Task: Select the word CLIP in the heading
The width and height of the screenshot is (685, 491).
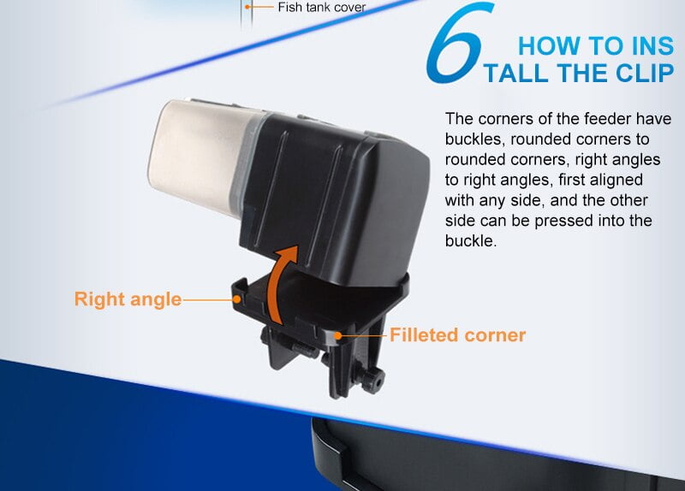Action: (x=645, y=73)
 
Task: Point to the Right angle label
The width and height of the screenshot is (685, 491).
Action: (x=128, y=299)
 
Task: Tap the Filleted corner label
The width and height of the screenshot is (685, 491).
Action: (x=457, y=335)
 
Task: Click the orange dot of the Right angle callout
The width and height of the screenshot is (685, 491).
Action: (x=237, y=299)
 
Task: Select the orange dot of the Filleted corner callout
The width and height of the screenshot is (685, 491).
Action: (x=337, y=335)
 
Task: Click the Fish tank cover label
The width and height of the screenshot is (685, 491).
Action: (x=322, y=7)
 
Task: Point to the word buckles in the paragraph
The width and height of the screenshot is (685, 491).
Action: (x=474, y=139)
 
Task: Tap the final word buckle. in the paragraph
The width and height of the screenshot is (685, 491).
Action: (x=471, y=241)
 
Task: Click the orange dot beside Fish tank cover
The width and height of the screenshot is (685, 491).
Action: (x=247, y=7)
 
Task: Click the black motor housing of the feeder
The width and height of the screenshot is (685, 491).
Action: (x=332, y=197)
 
